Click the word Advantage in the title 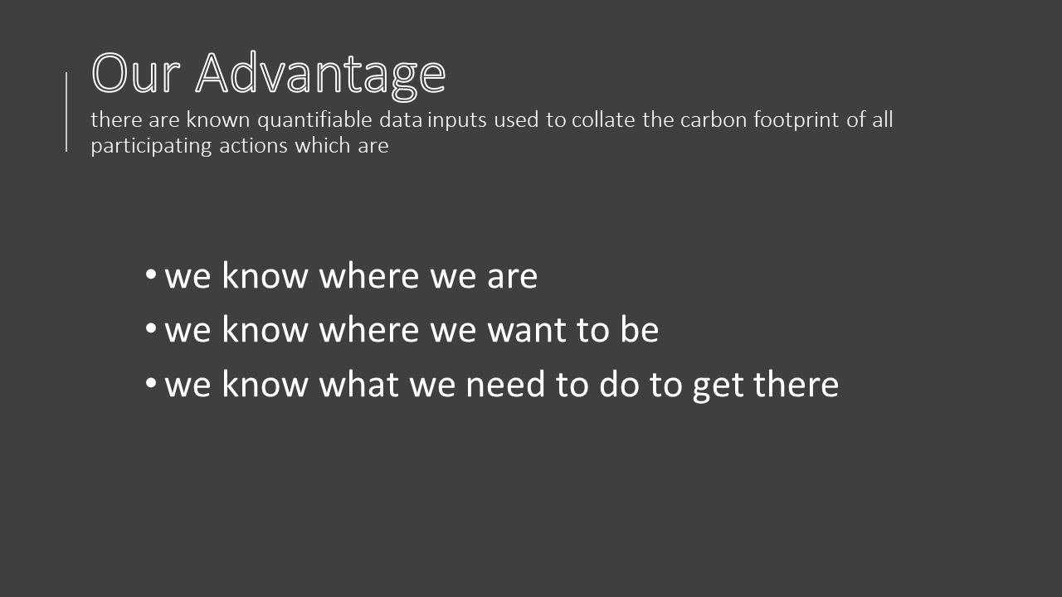coord(320,75)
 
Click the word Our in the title coord(136,73)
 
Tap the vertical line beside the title coord(66,112)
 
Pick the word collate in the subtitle coord(603,119)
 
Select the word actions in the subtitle coord(253,145)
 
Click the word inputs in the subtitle coord(457,120)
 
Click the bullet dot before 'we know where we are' coord(151,274)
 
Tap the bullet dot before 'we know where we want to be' coord(151,328)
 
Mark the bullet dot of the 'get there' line coord(151,382)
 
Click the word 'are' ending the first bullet coord(513,277)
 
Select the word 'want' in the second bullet coord(527,330)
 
